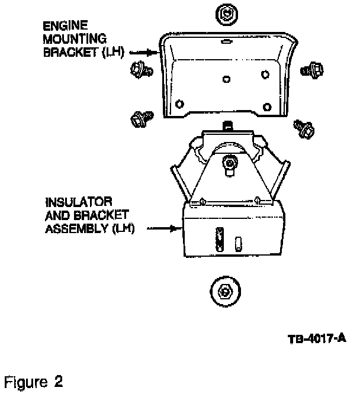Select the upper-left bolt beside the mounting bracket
(x=142, y=70)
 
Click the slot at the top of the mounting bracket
(x=224, y=42)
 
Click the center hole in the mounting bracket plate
(x=225, y=79)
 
